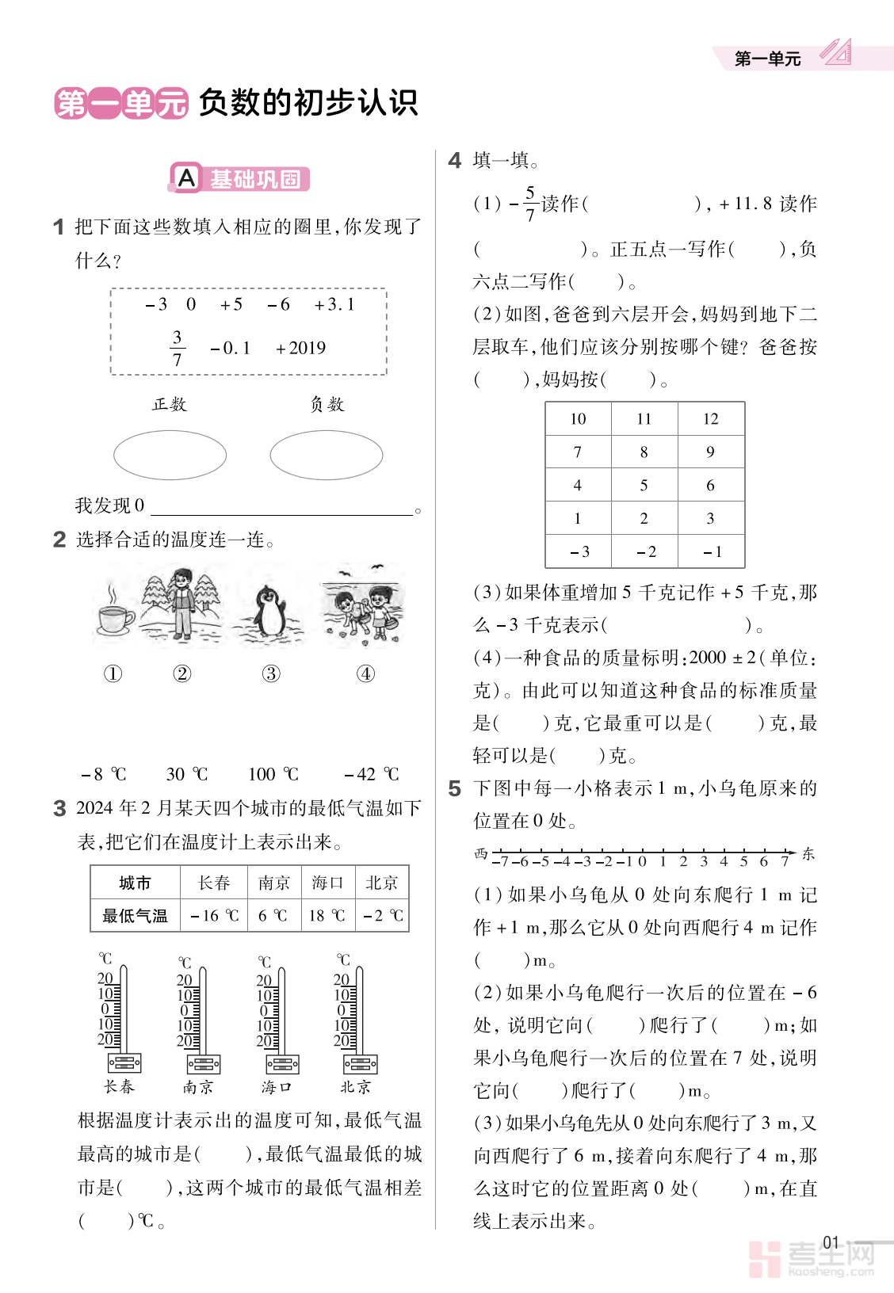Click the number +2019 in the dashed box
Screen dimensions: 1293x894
point(300,348)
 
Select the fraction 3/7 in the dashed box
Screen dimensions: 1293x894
point(177,349)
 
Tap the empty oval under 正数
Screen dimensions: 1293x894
point(170,455)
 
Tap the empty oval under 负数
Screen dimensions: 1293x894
point(326,455)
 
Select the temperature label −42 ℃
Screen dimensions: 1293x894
point(371,774)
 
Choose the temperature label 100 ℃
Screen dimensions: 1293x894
point(273,774)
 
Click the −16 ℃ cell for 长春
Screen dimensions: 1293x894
point(215,916)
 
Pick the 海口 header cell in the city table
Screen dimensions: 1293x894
point(327,883)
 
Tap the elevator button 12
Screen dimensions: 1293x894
point(711,419)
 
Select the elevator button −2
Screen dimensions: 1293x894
point(645,552)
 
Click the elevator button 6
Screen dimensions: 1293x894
point(711,486)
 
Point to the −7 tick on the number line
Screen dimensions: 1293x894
point(501,861)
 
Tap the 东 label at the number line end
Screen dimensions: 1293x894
point(808,853)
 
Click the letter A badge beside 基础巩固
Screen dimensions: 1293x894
point(186,178)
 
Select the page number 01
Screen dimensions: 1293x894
point(831,1242)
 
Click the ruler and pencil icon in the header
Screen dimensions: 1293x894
point(835,52)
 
